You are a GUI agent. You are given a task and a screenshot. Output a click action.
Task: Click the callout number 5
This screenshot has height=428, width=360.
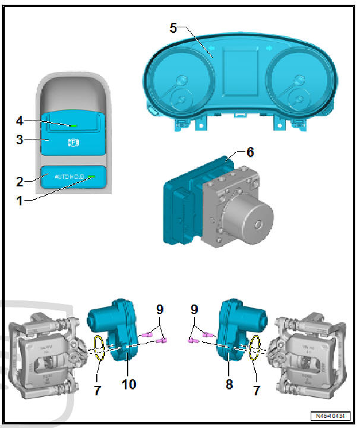tap(173, 28)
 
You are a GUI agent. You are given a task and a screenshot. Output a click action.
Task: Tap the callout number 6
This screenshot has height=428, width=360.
tap(250, 153)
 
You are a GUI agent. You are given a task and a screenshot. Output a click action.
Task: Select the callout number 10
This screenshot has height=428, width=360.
tap(128, 384)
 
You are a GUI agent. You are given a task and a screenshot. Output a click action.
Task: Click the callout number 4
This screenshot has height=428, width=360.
tap(20, 121)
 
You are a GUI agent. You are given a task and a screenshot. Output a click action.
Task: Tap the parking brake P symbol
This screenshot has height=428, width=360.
tap(74, 142)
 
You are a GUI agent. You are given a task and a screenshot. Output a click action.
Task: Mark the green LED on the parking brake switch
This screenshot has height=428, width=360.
tap(72, 126)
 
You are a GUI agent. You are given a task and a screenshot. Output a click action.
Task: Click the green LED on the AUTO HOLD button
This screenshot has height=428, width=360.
tap(92, 176)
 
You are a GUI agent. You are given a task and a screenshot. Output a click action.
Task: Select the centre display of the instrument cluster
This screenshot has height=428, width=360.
tap(240, 71)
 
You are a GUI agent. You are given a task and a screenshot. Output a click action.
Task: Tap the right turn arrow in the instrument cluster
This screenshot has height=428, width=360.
tap(269, 48)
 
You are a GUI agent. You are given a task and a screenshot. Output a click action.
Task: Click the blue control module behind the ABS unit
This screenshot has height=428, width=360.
tap(181, 208)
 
